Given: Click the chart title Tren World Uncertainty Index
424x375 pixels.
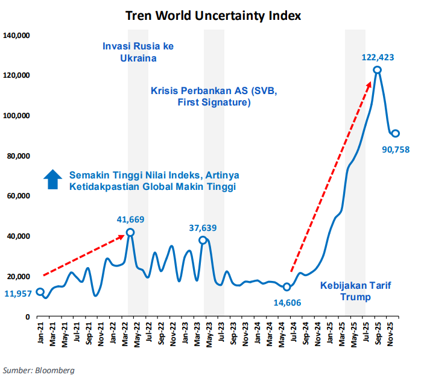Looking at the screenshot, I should click(212, 14).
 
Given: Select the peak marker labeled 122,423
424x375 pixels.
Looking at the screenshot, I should click(377, 70).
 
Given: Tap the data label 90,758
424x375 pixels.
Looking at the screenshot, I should click(396, 148).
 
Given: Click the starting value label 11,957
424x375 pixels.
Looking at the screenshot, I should click(18, 294).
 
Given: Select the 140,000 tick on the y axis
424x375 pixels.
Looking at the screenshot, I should click(17, 36).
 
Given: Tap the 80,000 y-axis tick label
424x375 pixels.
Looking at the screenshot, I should click(19, 156).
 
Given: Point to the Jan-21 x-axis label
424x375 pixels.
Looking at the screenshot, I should click(40, 332).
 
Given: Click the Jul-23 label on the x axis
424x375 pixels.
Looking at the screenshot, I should click(222, 332).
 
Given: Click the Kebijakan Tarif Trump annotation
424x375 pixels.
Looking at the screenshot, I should click(355, 291).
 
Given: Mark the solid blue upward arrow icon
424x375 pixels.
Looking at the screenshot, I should click(53, 180).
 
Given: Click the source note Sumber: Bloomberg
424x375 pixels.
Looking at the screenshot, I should click(39, 370).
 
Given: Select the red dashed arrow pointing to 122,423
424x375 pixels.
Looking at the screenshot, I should click(331, 175).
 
